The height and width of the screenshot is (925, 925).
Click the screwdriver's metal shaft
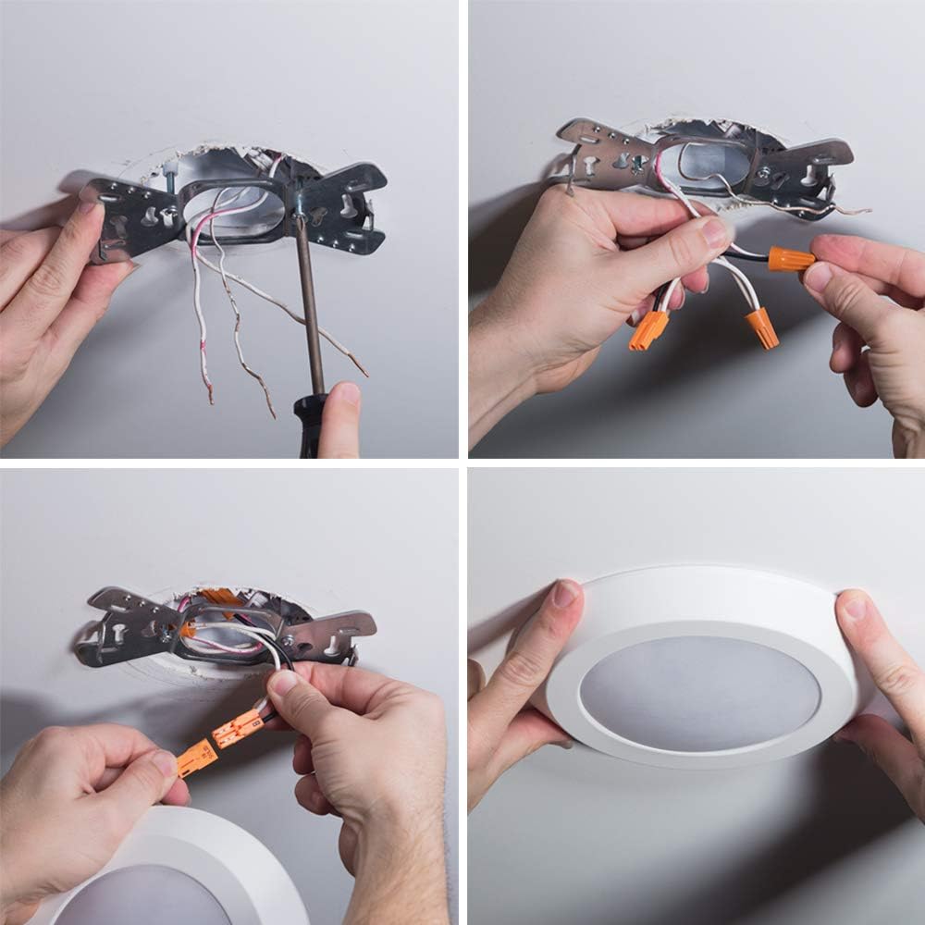pos(310,305)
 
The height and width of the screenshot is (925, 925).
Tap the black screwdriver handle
pos(311,425)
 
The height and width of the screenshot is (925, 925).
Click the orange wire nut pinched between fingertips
pos(791,258)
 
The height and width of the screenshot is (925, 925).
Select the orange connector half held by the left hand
pos(197,758)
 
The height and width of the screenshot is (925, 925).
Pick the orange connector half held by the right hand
pos(238,728)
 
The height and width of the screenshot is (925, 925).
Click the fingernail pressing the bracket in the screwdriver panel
pos(89,197)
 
